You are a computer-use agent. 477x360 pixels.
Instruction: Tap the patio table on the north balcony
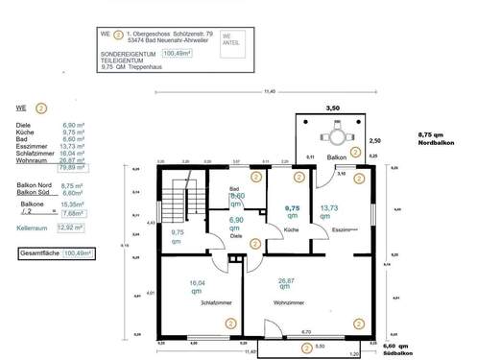coord(330,135)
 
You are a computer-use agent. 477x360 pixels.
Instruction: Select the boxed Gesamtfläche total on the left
coord(57,253)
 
